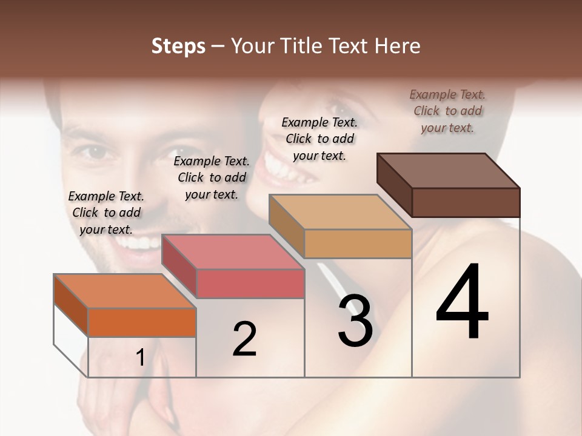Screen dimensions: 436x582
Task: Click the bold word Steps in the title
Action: pos(178,46)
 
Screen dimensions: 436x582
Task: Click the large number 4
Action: pos(462,303)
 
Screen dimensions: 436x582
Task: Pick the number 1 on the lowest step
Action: pos(141,358)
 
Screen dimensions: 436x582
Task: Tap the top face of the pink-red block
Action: pos(233,252)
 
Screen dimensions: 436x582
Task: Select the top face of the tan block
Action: pos(340,212)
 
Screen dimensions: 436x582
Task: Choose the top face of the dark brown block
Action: pos(448,170)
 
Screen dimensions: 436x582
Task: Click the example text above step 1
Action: pos(106,213)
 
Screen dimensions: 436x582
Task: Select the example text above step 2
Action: pos(212,177)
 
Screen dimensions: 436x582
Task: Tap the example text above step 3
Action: pos(319,139)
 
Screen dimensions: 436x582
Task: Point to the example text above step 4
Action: pos(448,111)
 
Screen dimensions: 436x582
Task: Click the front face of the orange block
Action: pos(142,322)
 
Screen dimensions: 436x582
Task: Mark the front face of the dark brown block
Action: pos(466,202)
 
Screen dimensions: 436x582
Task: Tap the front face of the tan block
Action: pos(358,243)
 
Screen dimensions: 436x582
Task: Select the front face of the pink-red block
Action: pos(250,284)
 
